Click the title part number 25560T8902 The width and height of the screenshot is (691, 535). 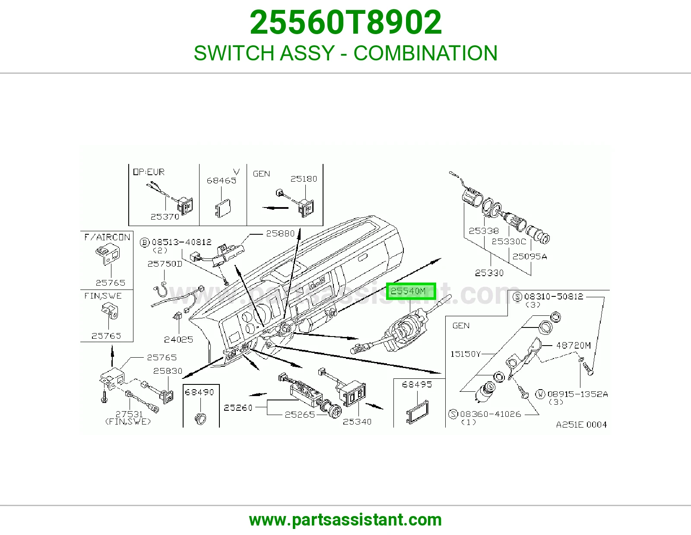pyautogui.click(x=345, y=22)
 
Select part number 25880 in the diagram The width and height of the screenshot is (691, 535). pyautogui.click(x=280, y=233)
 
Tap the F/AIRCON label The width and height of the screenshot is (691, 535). pyautogui.click(x=107, y=237)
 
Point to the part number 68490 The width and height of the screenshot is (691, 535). pyautogui.click(x=200, y=392)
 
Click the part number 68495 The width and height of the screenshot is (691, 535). pyautogui.click(x=417, y=385)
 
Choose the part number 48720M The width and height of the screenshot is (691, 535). pyautogui.click(x=574, y=345)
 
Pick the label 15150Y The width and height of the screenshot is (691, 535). pyautogui.click(x=466, y=354)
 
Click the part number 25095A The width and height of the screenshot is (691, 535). pyautogui.click(x=530, y=256)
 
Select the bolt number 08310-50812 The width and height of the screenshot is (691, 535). pyautogui.click(x=554, y=296)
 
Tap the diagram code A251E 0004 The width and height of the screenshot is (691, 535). pyautogui.click(x=581, y=425)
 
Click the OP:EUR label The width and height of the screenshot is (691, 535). pyautogui.click(x=149, y=172)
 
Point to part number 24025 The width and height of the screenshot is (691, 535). pyautogui.click(x=178, y=340)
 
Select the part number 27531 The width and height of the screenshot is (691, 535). pyautogui.click(x=129, y=414)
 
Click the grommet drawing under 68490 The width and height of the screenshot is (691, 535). pyautogui.click(x=200, y=419)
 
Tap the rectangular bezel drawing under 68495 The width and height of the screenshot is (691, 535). pyautogui.click(x=417, y=412)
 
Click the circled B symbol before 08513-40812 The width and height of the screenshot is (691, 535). pyautogui.click(x=144, y=243)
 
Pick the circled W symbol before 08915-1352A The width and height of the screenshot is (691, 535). pyautogui.click(x=540, y=394)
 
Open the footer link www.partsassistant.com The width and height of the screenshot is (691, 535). pyautogui.click(x=345, y=520)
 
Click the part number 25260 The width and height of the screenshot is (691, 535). pyautogui.click(x=238, y=408)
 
